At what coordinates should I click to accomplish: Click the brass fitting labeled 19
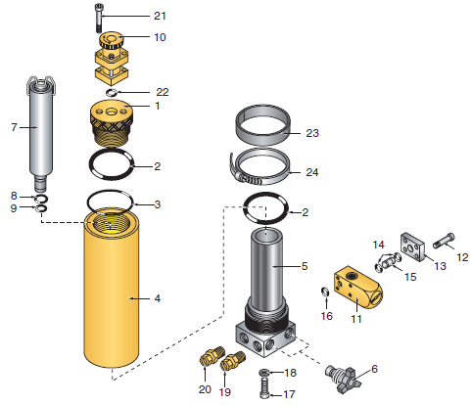pyautogui.click(x=231, y=368)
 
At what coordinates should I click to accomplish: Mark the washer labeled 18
pyautogui.click(x=266, y=375)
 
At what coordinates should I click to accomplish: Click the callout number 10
pyautogui.click(x=160, y=37)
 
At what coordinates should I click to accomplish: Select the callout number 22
pyautogui.click(x=163, y=92)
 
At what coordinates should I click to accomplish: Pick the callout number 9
pyautogui.click(x=13, y=207)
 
